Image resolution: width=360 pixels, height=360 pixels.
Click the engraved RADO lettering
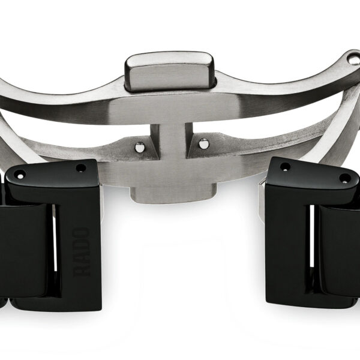81,252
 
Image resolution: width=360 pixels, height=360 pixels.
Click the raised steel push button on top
170,71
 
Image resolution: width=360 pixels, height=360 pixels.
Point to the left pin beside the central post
140,147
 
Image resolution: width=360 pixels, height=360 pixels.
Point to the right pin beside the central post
203,144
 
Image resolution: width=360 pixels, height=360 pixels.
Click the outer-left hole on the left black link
19,175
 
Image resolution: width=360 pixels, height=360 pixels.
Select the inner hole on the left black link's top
81,168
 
